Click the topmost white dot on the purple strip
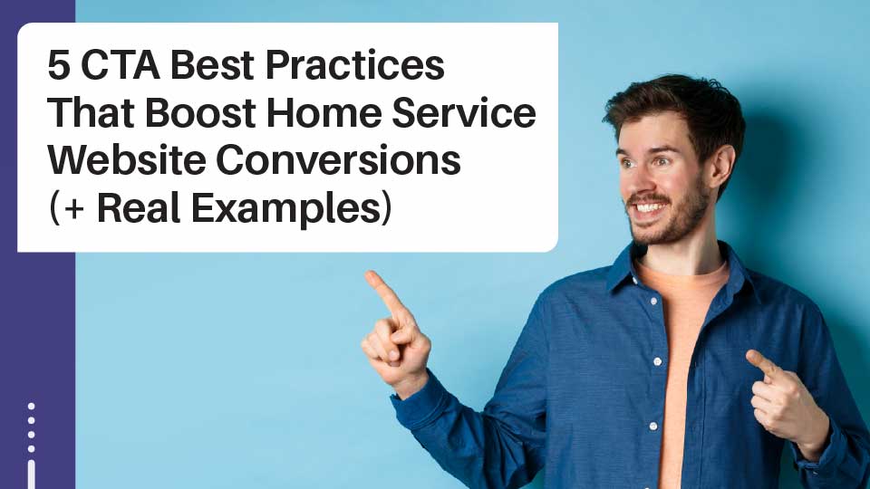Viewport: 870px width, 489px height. (x=31, y=407)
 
